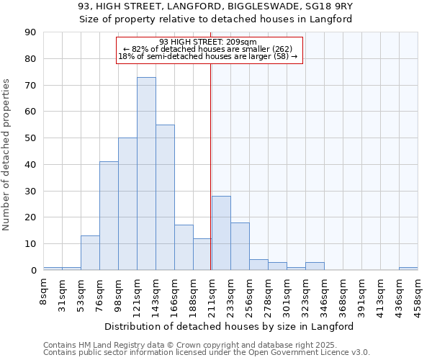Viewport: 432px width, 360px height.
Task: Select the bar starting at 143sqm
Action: (165, 197)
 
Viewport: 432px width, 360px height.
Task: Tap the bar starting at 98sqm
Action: (127, 204)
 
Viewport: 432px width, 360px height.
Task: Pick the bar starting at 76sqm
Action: (109, 216)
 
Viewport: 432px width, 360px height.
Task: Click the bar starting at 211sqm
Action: (221, 233)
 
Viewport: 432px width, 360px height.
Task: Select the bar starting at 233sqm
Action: (240, 246)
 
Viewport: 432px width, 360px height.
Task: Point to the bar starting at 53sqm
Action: (90, 253)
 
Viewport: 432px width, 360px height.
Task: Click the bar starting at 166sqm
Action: (184, 248)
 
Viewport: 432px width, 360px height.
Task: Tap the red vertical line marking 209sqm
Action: (210, 166)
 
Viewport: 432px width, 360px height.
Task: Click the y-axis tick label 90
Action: (30, 32)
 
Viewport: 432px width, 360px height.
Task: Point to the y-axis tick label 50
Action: (30, 138)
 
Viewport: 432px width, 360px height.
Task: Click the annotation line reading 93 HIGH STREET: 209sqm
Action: (208, 42)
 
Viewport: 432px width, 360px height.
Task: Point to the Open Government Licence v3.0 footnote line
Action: (206, 353)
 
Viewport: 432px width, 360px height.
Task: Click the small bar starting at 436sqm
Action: (408, 269)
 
